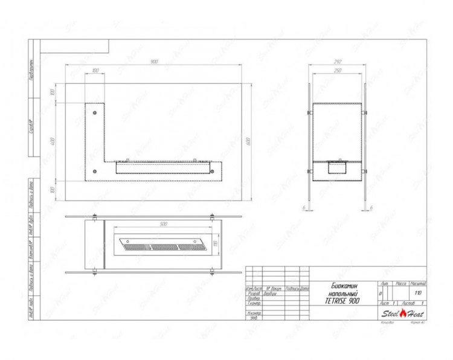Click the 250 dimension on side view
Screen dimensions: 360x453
pyautogui.click(x=338, y=71)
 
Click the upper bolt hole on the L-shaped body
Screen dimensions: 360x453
pyautogui.click(x=95, y=113)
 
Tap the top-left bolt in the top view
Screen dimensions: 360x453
pyautogui.click(x=95, y=217)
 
